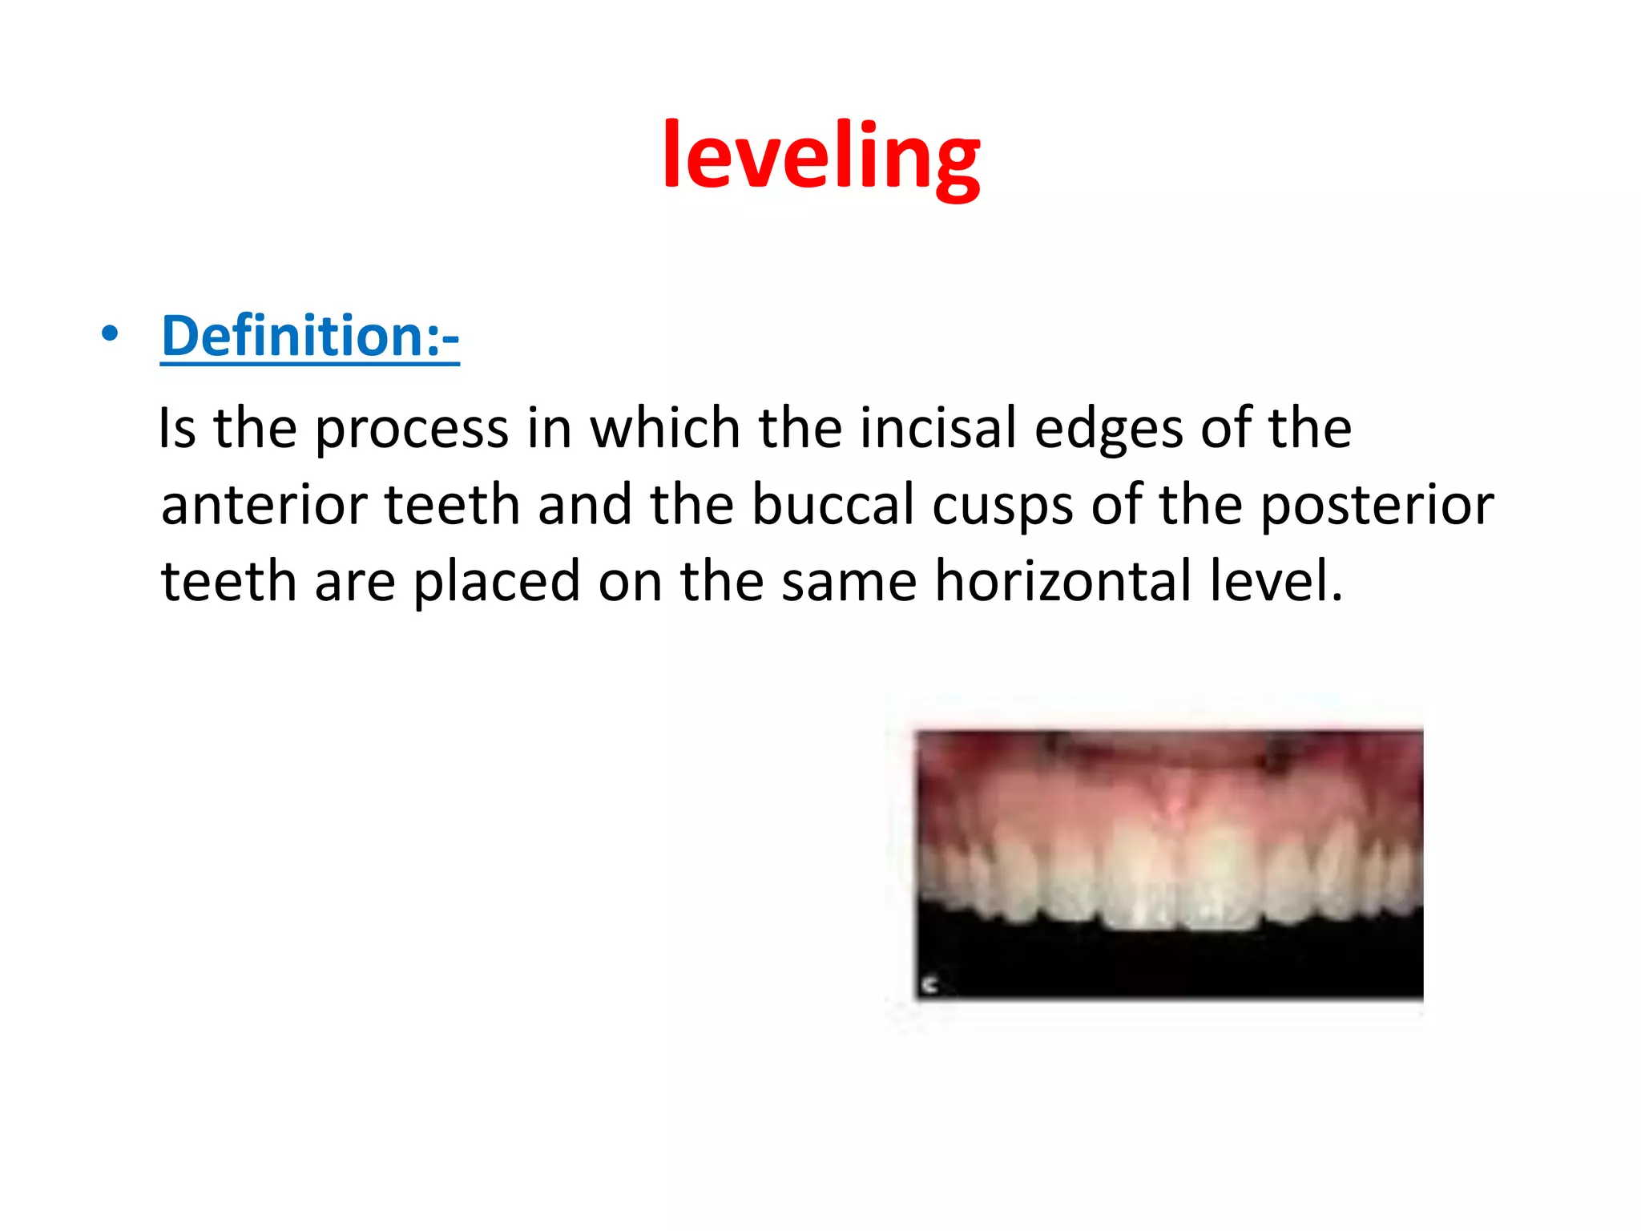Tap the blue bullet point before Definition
coord(111,333)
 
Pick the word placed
coord(496,581)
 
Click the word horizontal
coord(1063,581)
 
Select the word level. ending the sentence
coord(1275,581)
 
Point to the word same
coord(849,583)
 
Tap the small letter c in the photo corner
coord(929,984)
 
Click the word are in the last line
coord(354,583)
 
